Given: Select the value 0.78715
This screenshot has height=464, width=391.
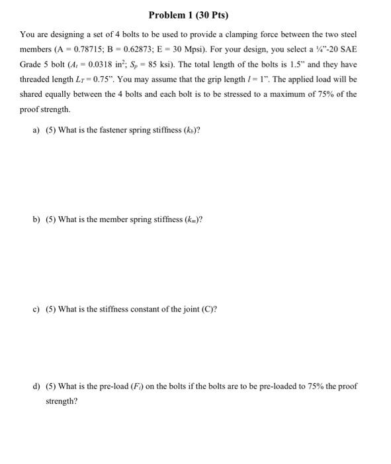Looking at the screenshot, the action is click(93, 48).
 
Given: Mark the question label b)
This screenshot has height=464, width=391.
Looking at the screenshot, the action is click(38, 219).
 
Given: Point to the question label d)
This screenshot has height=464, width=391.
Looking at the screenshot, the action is click(38, 385).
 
